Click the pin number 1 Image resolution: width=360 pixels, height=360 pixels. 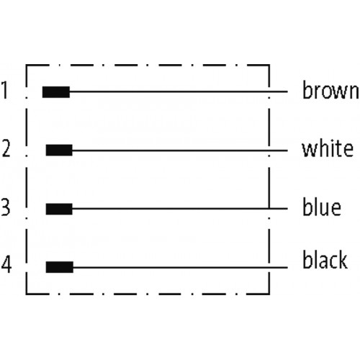(x=4, y=90)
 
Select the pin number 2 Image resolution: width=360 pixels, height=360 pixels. (x=6, y=148)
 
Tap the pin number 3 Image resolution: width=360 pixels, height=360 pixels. (x=6, y=207)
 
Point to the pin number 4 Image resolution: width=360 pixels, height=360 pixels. (x=6, y=264)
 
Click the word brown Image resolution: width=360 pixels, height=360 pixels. (x=330, y=90)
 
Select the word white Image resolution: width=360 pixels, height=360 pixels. (x=328, y=149)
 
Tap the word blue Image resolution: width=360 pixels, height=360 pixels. (x=322, y=207)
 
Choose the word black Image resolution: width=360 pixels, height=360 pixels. (x=325, y=260)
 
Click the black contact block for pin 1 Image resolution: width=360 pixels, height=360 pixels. (x=56, y=92)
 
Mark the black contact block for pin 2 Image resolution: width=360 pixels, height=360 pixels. (x=59, y=150)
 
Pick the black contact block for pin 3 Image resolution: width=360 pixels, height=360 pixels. (x=59, y=209)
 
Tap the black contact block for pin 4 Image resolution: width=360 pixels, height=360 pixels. (x=60, y=267)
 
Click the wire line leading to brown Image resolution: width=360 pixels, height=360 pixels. (x=179, y=91)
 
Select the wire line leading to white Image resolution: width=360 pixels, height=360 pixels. (x=180, y=150)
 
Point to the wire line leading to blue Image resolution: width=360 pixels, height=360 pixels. (x=180, y=209)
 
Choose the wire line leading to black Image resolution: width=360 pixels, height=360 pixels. (x=180, y=267)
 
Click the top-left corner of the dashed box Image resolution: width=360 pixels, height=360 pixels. (x=27, y=65)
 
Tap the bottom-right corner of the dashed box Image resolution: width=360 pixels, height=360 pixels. (x=269, y=294)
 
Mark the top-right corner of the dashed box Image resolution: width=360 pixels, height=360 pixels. (x=269, y=65)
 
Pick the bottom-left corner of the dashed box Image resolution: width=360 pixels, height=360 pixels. (x=27, y=294)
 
